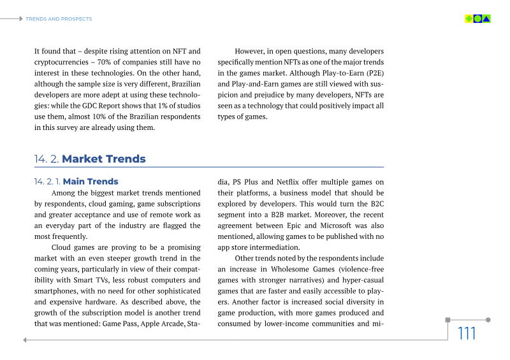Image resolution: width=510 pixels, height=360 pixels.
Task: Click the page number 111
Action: click(x=467, y=333)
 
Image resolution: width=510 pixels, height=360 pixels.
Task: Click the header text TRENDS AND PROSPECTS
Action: click(x=59, y=19)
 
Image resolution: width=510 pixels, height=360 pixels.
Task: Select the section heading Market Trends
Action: click(x=104, y=159)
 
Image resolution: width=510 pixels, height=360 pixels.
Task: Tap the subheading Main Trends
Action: click(x=91, y=182)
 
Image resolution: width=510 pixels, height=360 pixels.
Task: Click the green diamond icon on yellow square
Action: click(x=469, y=18)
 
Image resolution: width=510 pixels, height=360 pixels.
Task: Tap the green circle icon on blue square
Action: click(x=477, y=18)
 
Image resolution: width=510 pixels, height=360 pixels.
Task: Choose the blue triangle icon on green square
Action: click(x=486, y=18)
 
